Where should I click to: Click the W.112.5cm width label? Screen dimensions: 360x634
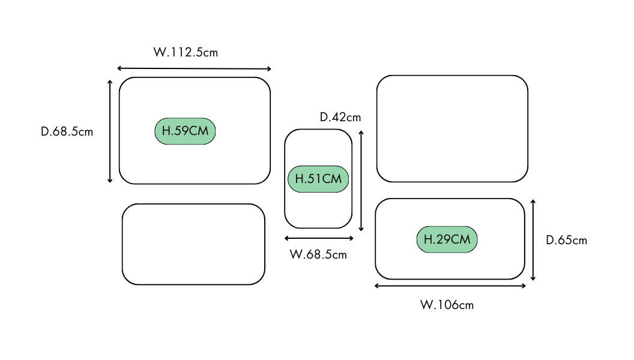click(x=186, y=52)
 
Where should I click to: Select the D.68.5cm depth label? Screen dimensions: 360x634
click(x=67, y=131)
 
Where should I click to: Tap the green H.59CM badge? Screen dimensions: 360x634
click(x=185, y=131)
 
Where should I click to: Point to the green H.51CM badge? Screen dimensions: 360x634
click(x=318, y=179)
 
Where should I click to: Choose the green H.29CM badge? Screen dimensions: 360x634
click(x=447, y=239)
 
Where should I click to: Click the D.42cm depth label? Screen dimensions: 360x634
click(x=340, y=117)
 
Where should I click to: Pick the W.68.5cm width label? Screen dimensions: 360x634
click(x=318, y=254)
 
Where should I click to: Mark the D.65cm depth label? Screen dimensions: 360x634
click(x=566, y=241)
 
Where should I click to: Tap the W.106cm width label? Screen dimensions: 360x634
click(x=447, y=305)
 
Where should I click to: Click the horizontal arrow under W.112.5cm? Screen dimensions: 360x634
click(x=194, y=68)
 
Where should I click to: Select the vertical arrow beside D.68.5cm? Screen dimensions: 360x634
click(x=110, y=131)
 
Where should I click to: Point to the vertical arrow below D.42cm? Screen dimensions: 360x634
click(x=361, y=181)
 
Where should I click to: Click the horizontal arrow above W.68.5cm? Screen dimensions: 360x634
click(x=319, y=238)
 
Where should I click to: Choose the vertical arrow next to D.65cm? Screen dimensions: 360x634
click(x=533, y=239)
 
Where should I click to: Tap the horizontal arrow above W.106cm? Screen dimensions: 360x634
click(x=450, y=286)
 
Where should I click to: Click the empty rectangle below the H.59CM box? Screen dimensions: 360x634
click(x=193, y=244)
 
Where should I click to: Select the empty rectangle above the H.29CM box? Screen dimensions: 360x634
click(x=452, y=128)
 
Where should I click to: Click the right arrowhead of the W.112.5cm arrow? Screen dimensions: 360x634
click(x=270, y=69)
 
